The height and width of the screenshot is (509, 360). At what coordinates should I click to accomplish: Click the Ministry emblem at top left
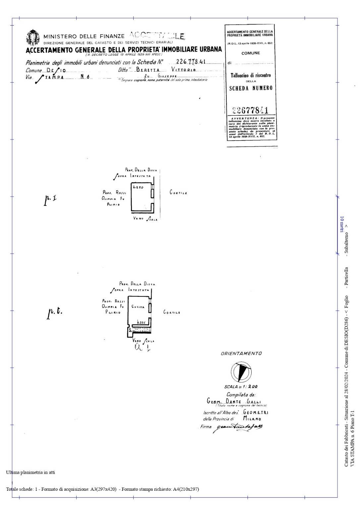(x=32, y=37)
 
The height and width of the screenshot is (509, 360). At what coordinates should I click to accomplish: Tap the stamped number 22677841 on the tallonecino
(x=250, y=110)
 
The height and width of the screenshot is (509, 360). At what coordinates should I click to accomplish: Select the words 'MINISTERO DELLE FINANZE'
(x=84, y=36)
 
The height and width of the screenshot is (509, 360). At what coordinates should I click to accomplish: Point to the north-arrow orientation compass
(x=241, y=372)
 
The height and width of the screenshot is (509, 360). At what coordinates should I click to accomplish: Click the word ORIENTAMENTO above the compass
(x=241, y=353)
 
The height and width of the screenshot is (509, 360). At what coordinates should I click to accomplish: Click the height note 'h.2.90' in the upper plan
(x=138, y=187)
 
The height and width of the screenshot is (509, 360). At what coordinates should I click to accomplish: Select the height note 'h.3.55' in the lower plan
(x=141, y=322)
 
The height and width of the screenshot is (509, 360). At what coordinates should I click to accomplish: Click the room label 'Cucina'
(x=138, y=307)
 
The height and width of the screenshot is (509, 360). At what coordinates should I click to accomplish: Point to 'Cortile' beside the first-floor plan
(x=178, y=192)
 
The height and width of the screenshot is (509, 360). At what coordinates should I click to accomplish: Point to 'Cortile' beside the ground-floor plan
(x=172, y=312)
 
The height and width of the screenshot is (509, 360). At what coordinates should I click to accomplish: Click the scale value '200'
(x=253, y=387)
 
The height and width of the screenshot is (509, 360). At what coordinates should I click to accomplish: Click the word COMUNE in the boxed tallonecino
(x=251, y=53)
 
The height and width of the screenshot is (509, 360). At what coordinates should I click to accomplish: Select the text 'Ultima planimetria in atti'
(x=30, y=472)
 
